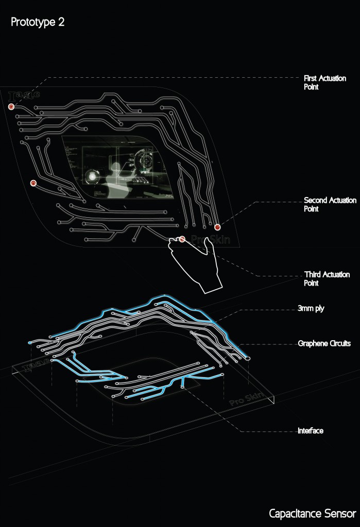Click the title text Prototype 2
point(38,23)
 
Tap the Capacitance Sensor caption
point(312,513)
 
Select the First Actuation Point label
point(324,82)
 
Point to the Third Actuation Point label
point(327,278)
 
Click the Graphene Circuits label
point(324,343)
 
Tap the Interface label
point(311,430)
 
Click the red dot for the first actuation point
point(11,107)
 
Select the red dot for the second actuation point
point(217,226)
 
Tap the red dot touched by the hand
point(182,239)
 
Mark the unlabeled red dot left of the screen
point(33,182)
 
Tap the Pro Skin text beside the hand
point(210,240)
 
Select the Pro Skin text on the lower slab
point(247,399)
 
